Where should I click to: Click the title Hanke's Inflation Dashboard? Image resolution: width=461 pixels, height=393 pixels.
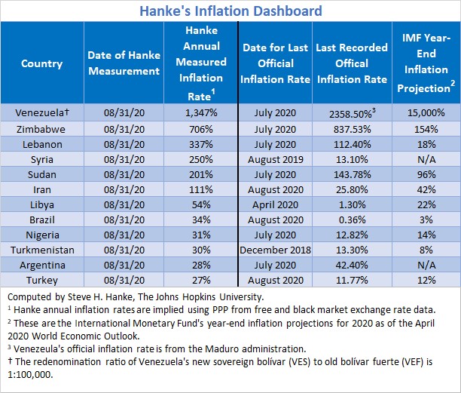(230, 11)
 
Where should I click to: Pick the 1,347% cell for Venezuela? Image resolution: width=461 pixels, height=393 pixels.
(202, 112)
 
